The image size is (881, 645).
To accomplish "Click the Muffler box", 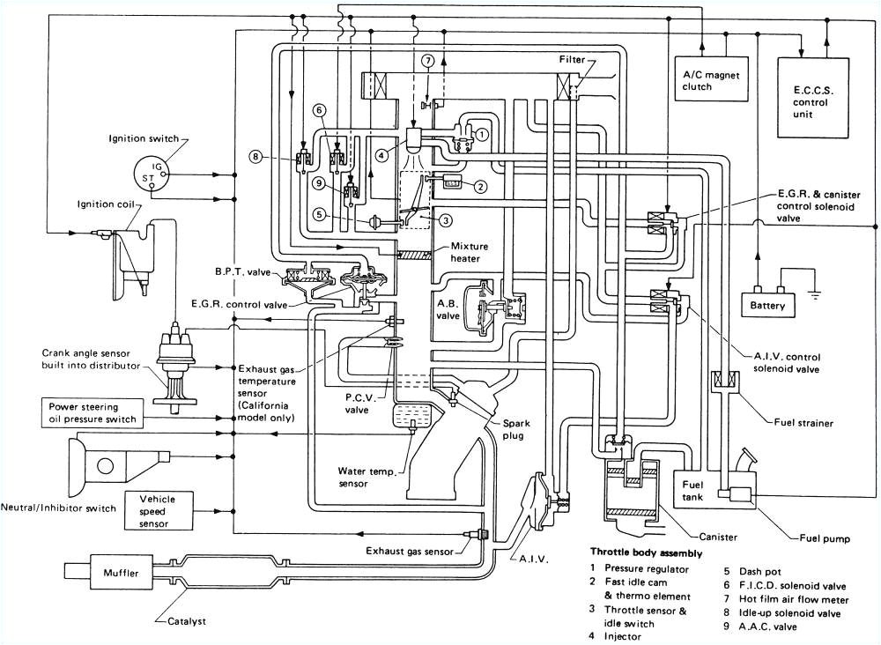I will pyautogui.click(x=116, y=574).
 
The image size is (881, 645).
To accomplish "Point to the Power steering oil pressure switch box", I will pyautogui.click(x=92, y=412).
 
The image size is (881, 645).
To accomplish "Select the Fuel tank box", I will pyautogui.click(x=695, y=490).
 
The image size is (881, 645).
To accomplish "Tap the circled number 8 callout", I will pyautogui.click(x=255, y=158).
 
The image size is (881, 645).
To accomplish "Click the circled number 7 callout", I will pyautogui.click(x=427, y=61).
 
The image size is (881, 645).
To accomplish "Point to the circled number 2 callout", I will pyautogui.click(x=479, y=186).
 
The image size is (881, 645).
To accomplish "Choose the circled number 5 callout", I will pyautogui.click(x=318, y=212).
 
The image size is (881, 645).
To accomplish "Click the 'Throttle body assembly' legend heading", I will pyautogui.click(x=647, y=553).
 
